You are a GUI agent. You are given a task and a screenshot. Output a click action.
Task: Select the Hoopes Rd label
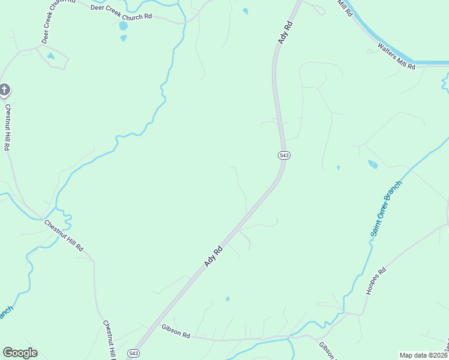[376, 280]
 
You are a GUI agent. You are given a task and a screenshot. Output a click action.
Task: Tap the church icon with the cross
[4, 91]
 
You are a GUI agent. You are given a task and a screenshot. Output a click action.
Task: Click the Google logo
[20, 353]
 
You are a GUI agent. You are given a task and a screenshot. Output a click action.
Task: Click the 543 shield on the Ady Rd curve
[285, 155]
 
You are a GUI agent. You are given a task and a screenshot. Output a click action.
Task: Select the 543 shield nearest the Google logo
[134, 353]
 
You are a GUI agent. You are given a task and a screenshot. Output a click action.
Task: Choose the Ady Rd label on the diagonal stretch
[214, 256]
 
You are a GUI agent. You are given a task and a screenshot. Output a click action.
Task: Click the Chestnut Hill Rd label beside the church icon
[8, 128]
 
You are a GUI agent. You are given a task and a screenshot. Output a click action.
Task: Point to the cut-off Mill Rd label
[345, 8]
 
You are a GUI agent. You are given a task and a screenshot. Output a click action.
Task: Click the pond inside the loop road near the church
[50, 56]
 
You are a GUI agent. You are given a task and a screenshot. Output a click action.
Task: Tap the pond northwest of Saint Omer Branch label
[373, 164]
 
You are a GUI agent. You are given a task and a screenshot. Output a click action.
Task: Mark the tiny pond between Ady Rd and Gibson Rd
[227, 299]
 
